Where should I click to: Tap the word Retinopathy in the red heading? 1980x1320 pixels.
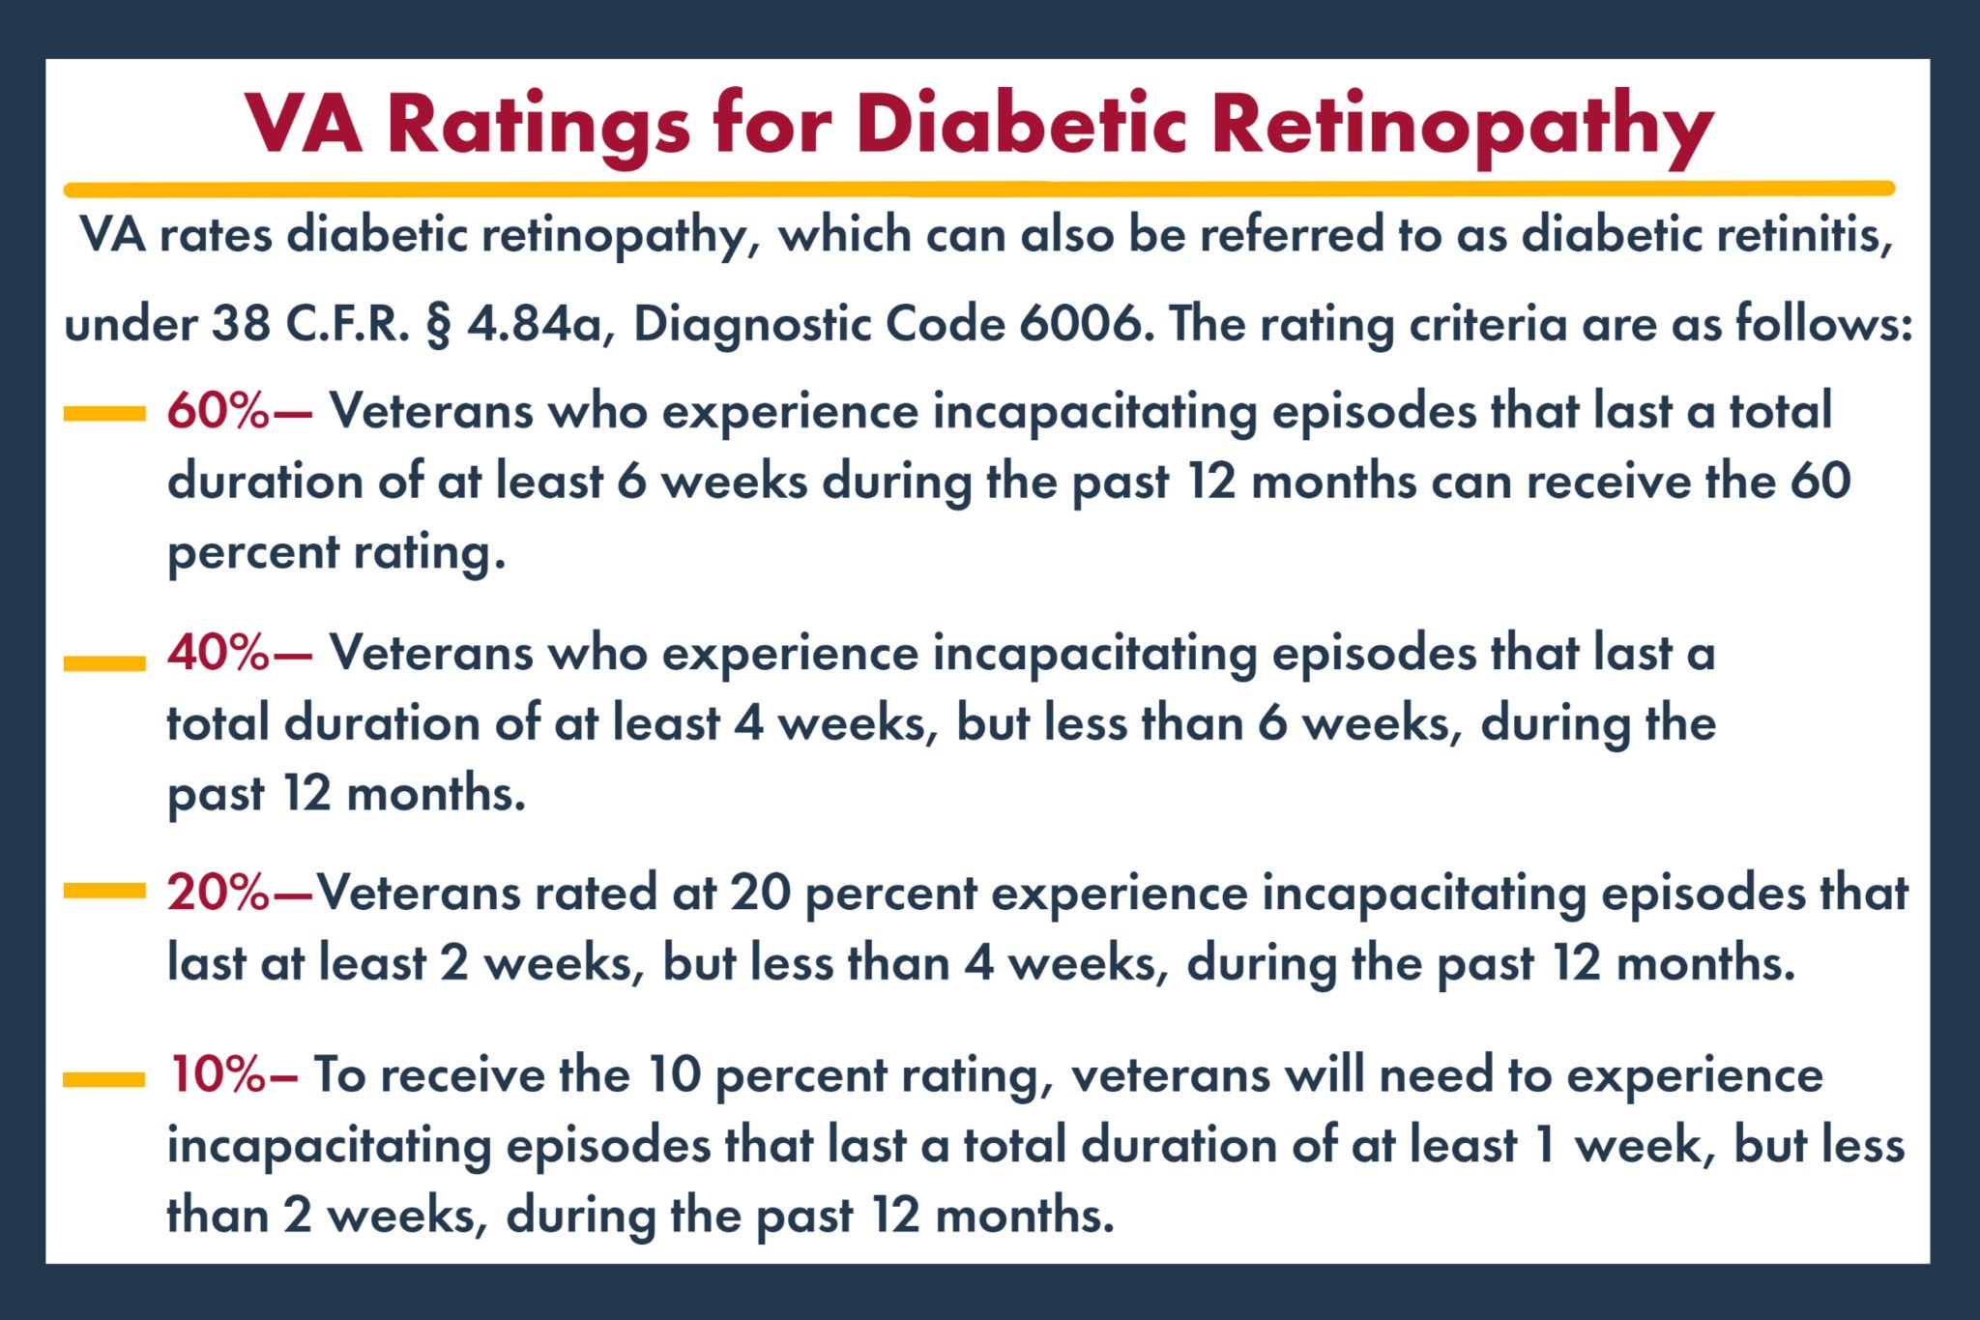pos(1462,126)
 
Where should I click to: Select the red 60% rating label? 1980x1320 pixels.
pos(218,411)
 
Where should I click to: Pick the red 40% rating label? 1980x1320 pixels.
pos(218,653)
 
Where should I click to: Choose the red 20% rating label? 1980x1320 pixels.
pos(218,892)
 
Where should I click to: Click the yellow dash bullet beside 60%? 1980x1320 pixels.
pos(104,414)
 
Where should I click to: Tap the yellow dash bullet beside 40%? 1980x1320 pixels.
pos(104,662)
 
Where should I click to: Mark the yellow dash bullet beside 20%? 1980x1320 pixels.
pos(104,891)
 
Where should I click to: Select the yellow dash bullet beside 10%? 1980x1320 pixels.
pos(104,1079)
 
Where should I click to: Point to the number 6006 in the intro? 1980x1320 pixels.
pos(1080,324)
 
